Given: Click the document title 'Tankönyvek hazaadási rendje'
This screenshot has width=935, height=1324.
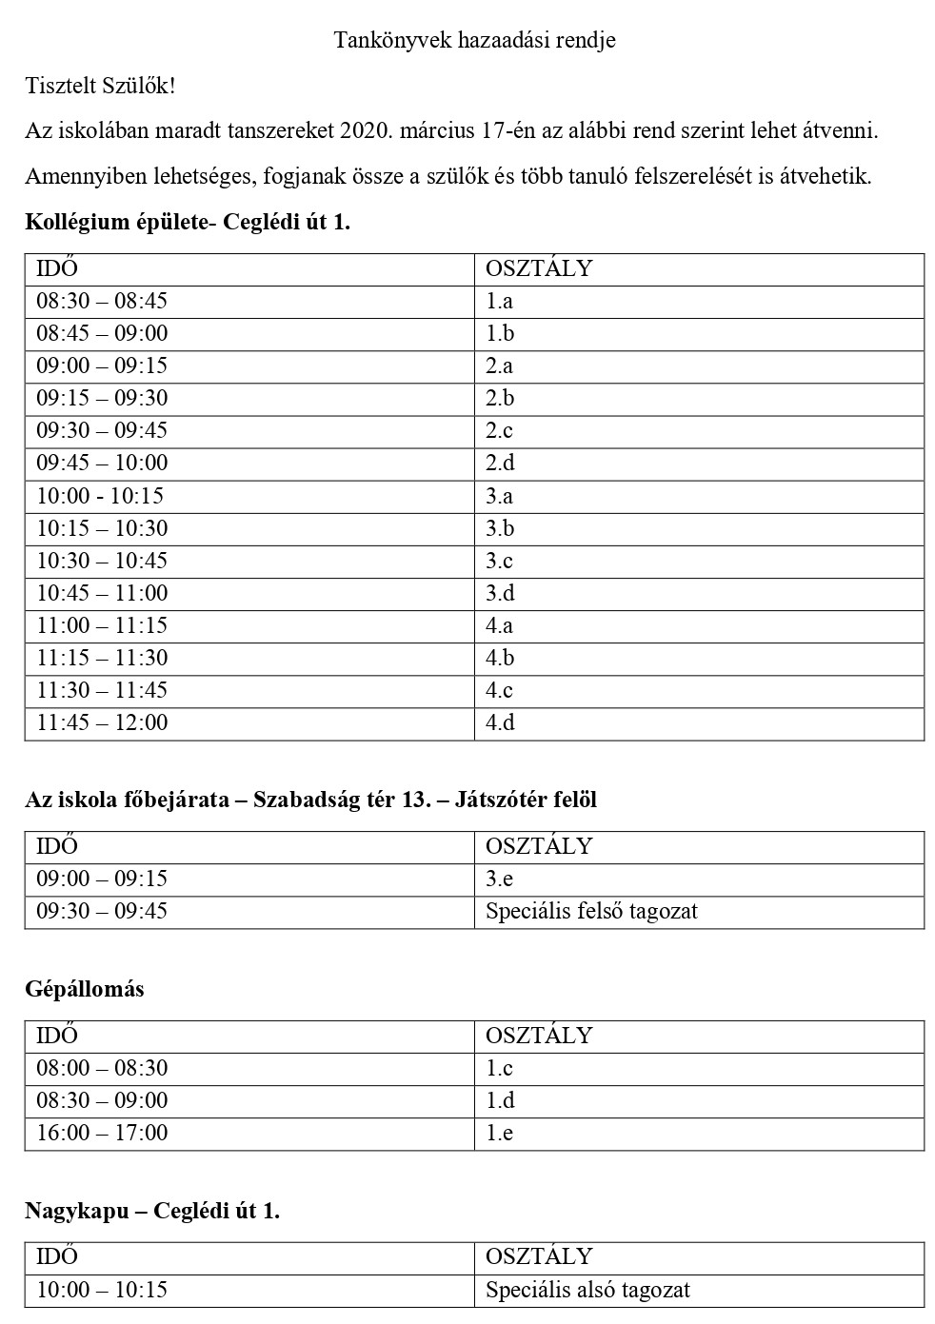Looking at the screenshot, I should click(x=474, y=40).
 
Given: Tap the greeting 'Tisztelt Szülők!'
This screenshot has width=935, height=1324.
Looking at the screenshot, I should click(x=100, y=86).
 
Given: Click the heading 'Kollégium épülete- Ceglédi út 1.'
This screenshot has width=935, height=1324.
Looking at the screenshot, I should click(x=188, y=223).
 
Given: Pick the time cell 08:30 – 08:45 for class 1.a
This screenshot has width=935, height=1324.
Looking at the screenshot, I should click(x=102, y=301).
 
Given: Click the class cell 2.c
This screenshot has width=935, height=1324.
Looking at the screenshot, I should click(x=499, y=430).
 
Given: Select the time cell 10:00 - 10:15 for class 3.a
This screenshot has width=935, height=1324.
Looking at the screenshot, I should click(x=100, y=496).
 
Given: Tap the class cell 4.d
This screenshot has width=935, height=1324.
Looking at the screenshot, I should click(x=500, y=722).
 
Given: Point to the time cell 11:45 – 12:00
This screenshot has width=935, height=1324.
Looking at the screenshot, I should click(x=102, y=722).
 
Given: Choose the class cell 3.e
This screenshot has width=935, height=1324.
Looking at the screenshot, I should click(x=499, y=879).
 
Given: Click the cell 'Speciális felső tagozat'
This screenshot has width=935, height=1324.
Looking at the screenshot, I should click(x=591, y=911).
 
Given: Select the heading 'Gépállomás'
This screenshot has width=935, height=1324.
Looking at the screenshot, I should click(x=85, y=989).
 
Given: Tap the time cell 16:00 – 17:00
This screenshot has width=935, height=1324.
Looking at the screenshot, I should click(x=102, y=1133).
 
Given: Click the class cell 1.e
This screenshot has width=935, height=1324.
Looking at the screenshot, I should click(x=499, y=1133).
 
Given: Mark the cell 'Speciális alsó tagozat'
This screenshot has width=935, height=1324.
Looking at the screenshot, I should click(x=587, y=1290).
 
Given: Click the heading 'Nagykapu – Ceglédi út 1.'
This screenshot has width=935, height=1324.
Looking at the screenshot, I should click(x=152, y=1211).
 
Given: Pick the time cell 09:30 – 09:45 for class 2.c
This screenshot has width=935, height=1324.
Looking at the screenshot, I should click(x=102, y=430).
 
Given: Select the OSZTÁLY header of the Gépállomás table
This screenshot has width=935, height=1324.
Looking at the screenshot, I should click(x=539, y=1036).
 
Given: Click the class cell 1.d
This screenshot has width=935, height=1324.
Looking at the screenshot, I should click(x=500, y=1100).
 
